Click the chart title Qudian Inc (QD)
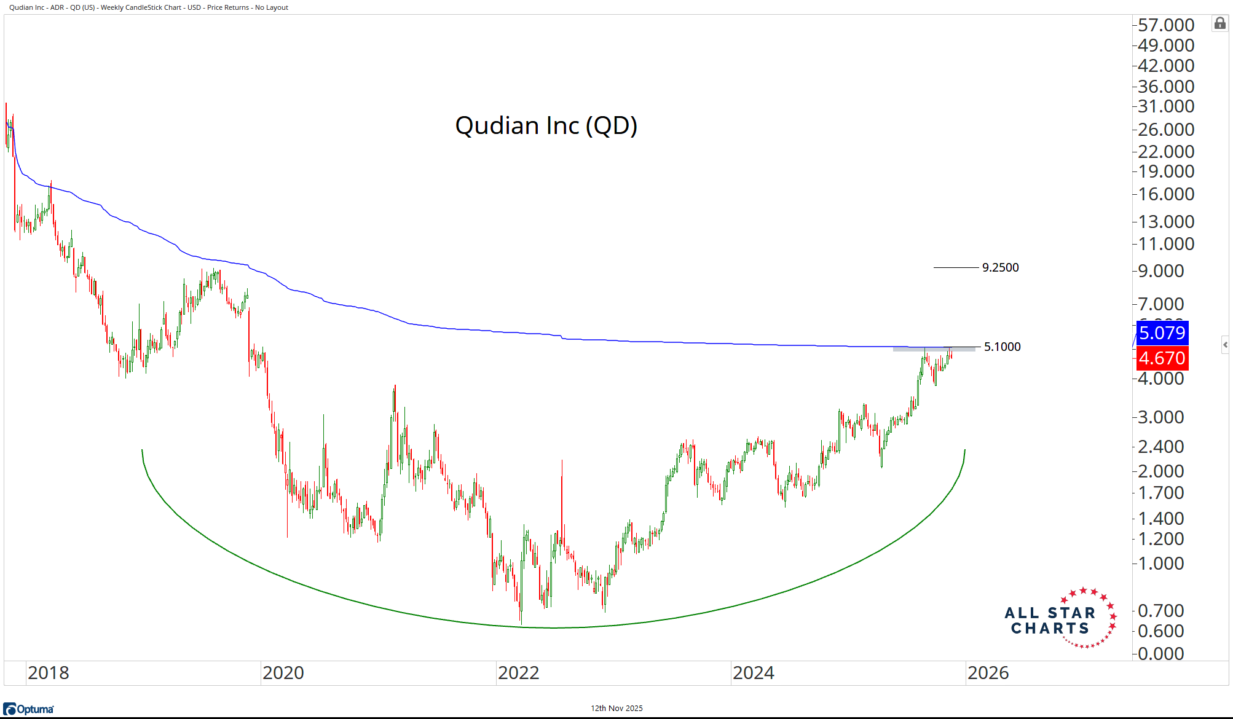pyautogui.click(x=546, y=125)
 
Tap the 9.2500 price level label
pyautogui.click(x=1000, y=267)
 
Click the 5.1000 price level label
pyautogui.click(x=1002, y=347)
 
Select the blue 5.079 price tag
pyautogui.click(x=1162, y=333)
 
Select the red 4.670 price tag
pyautogui.click(x=1162, y=358)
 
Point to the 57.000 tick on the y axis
pyautogui.click(x=1165, y=25)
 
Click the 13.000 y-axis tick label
pyautogui.click(x=1165, y=221)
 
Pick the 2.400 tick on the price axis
pyautogui.click(x=1160, y=447)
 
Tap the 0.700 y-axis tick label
pyautogui.click(x=1160, y=611)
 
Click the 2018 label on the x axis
pyautogui.click(x=49, y=673)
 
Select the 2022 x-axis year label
pyautogui.click(x=518, y=673)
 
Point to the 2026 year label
pyautogui.click(x=988, y=673)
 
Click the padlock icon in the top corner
pyautogui.click(x=1219, y=24)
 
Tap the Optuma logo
pyautogui.click(x=29, y=709)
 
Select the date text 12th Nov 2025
pyautogui.click(x=616, y=708)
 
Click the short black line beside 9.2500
pyautogui.click(x=955, y=267)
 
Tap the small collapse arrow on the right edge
pyautogui.click(x=1225, y=345)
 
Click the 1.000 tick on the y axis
pyautogui.click(x=1160, y=564)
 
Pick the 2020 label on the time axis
pyautogui.click(x=283, y=673)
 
